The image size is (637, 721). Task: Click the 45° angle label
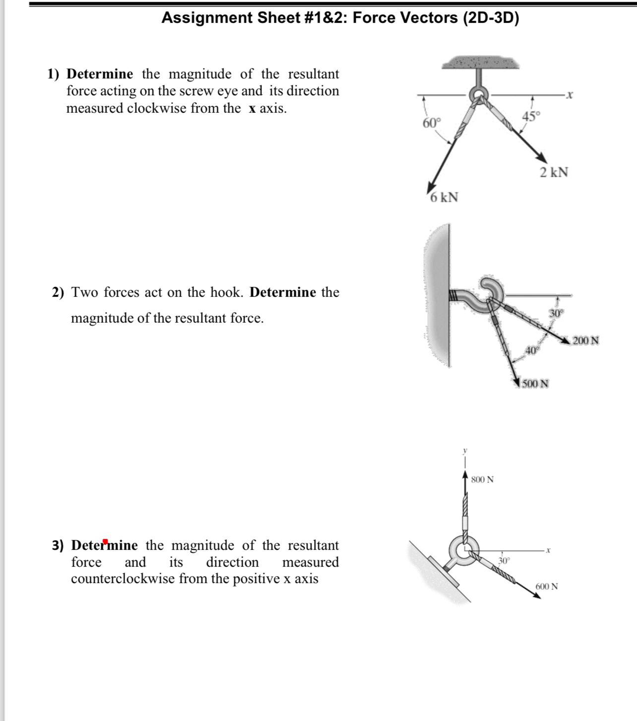coord(531,117)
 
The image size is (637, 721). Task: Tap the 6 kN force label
coord(444,197)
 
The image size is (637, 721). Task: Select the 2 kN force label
coord(554,173)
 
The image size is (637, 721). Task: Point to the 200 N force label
coord(586,341)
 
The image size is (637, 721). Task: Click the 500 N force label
coord(535,384)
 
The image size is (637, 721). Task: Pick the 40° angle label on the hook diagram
coord(531,350)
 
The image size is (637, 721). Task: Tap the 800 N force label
coord(482,479)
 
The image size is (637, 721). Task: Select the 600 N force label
coord(547,586)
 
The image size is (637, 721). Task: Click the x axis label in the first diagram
coord(571,94)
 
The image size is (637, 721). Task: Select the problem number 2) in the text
coord(59,292)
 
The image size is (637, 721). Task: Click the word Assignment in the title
coord(205,18)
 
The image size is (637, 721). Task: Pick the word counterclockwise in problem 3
coord(123,579)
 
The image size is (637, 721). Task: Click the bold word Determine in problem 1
coord(100,74)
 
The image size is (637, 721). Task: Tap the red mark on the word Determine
coord(105,541)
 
